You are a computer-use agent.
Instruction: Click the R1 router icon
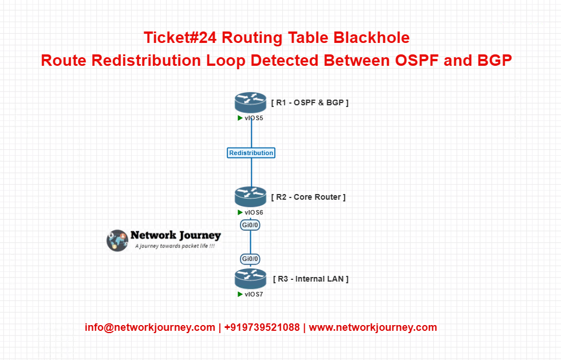pos(251,102)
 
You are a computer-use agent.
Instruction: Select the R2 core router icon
pos(251,197)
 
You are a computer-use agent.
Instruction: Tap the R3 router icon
pos(251,279)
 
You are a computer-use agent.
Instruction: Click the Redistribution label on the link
pos(251,153)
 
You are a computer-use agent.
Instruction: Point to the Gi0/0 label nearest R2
pos(251,225)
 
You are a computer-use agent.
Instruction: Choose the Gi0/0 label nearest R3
pos(251,259)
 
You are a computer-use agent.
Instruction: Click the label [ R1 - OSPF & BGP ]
pos(310,102)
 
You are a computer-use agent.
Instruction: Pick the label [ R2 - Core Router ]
pos(309,197)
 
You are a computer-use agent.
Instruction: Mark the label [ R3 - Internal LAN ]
pos(311,279)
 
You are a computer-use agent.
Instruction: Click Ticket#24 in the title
pos(180,38)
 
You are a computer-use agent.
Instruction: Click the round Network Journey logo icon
pos(117,240)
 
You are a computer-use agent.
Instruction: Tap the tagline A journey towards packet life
pos(175,247)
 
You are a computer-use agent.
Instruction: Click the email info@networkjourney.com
pos(149,327)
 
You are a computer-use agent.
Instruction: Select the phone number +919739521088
pos(262,327)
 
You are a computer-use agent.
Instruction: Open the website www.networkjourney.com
pos(373,327)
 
